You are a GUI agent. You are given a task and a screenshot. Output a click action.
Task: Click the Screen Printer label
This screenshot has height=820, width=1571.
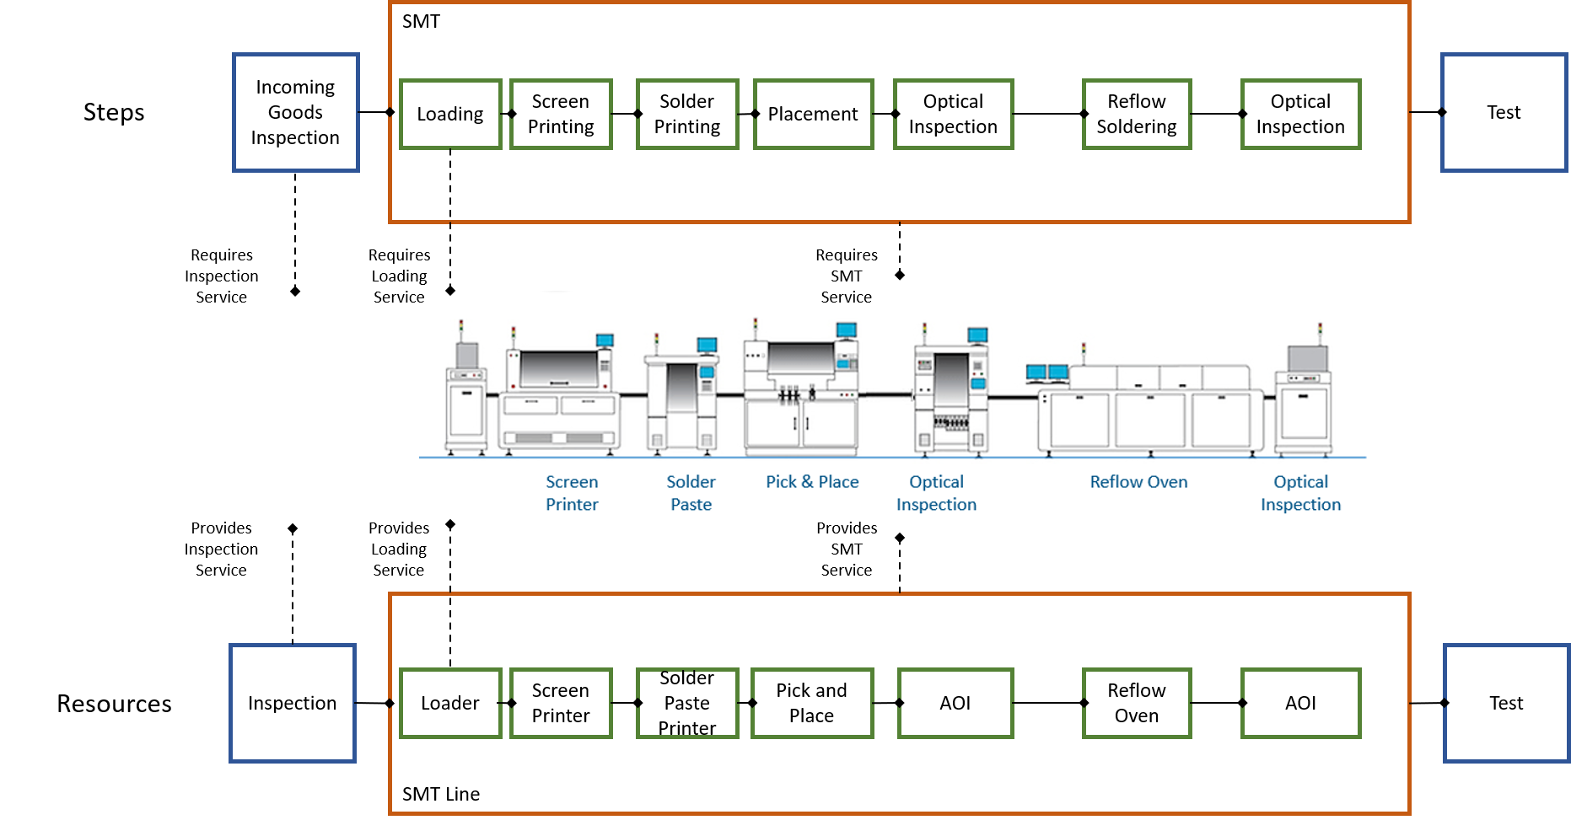572,493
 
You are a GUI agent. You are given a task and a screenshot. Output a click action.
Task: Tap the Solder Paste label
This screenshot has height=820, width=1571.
691,493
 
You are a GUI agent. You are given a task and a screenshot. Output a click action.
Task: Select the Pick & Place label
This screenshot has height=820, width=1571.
812,482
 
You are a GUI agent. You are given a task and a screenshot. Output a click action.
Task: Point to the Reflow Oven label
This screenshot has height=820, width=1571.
1138,482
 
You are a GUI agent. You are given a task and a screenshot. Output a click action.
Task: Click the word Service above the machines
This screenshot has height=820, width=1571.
846,297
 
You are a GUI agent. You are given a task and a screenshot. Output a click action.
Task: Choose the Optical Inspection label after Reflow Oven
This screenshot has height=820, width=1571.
1300,493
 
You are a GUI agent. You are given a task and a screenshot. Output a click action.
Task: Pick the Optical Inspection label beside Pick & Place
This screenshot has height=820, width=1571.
936,493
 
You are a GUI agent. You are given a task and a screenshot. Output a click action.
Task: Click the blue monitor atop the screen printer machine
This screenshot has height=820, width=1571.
605,340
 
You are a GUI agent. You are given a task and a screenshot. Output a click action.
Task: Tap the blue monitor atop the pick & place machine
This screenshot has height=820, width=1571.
846,330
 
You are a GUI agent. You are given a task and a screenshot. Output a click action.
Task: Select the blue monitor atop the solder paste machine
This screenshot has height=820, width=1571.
707,345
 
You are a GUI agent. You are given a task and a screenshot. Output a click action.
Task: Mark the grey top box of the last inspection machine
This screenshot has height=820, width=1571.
1307,358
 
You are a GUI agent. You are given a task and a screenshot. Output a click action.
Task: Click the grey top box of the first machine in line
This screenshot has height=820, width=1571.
466,355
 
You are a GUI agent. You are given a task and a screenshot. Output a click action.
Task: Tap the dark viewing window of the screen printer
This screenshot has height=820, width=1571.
559,368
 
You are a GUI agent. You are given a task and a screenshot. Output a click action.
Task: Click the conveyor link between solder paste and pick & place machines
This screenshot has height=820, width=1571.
730,394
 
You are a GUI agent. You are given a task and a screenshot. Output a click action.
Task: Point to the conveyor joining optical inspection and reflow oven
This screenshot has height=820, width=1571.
1012,396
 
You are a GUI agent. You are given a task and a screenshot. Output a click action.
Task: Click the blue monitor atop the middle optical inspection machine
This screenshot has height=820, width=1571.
977,335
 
